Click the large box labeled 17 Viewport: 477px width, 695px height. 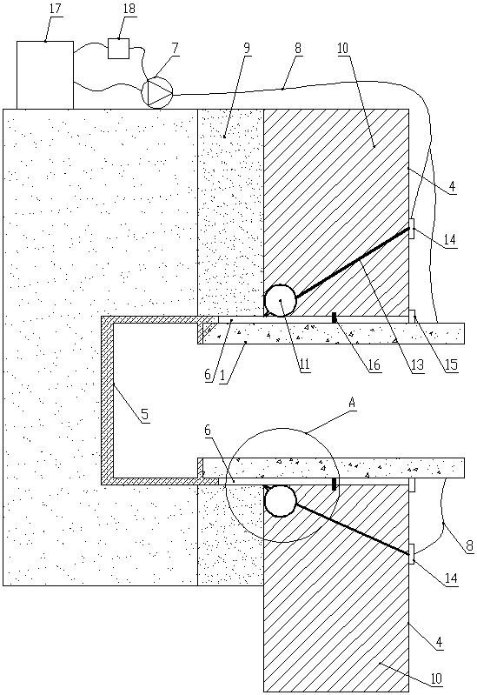[44, 75]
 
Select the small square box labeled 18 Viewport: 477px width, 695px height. [119, 49]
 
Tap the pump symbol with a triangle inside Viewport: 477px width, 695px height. [156, 92]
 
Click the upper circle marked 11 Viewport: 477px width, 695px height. [280, 300]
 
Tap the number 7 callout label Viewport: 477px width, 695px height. [176, 48]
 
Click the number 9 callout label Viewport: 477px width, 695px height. [247, 48]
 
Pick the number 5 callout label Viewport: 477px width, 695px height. [145, 415]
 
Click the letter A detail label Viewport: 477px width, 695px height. [353, 403]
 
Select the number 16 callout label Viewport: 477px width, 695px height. [374, 364]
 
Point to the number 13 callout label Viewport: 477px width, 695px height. [417, 364]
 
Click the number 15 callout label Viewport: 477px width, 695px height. [451, 364]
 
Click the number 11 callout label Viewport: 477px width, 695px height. [304, 364]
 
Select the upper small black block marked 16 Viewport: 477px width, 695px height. [335, 317]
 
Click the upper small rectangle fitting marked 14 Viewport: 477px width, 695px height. [412, 229]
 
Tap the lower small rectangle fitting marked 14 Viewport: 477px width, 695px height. [412, 554]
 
